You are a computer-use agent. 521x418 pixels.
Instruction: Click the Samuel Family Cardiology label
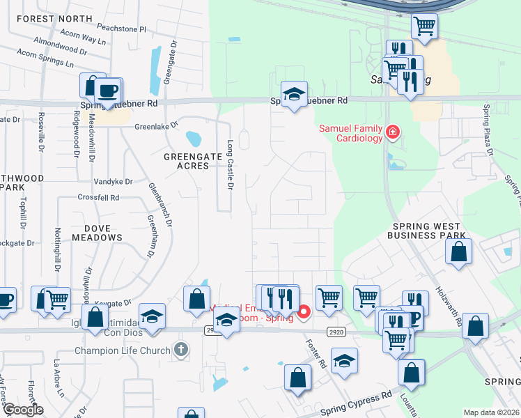[350, 133]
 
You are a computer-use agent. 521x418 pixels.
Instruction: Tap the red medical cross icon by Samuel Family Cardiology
[393, 132]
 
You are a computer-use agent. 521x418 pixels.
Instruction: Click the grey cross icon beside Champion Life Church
[180, 349]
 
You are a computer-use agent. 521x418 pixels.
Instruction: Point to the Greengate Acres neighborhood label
[187, 161]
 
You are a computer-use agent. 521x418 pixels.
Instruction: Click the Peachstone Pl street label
[122, 30]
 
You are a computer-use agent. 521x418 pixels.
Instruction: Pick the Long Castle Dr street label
[231, 164]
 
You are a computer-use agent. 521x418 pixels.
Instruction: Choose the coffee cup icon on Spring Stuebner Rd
[107, 90]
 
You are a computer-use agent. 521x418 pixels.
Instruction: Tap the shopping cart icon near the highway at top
[424, 26]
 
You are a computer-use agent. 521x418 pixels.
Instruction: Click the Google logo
[23, 410]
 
